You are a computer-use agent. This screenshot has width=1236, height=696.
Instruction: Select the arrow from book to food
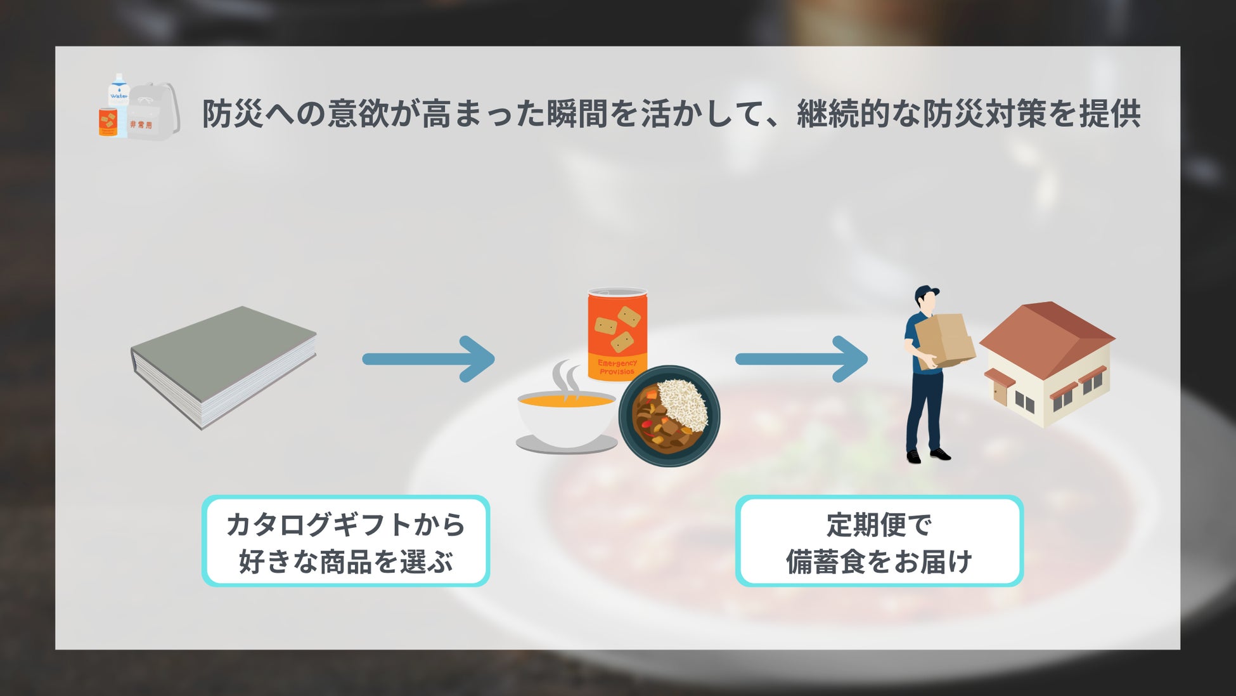tap(428, 359)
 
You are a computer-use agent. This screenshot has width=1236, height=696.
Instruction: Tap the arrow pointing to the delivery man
tap(801, 359)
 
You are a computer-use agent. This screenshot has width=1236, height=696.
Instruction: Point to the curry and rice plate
tap(669, 416)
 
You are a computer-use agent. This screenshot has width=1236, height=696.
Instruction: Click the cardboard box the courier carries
tap(945, 340)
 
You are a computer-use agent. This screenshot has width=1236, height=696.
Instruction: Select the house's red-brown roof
tap(1046, 330)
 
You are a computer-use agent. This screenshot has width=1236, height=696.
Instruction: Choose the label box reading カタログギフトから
tap(345, 541)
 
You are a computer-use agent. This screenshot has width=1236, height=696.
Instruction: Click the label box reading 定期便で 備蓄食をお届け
tap(879, 541)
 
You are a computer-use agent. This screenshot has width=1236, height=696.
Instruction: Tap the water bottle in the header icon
tap(119, 92)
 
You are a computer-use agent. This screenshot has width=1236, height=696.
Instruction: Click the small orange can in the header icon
tap(108, 122)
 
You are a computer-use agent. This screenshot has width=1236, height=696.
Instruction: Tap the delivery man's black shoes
tap(929, 455)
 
